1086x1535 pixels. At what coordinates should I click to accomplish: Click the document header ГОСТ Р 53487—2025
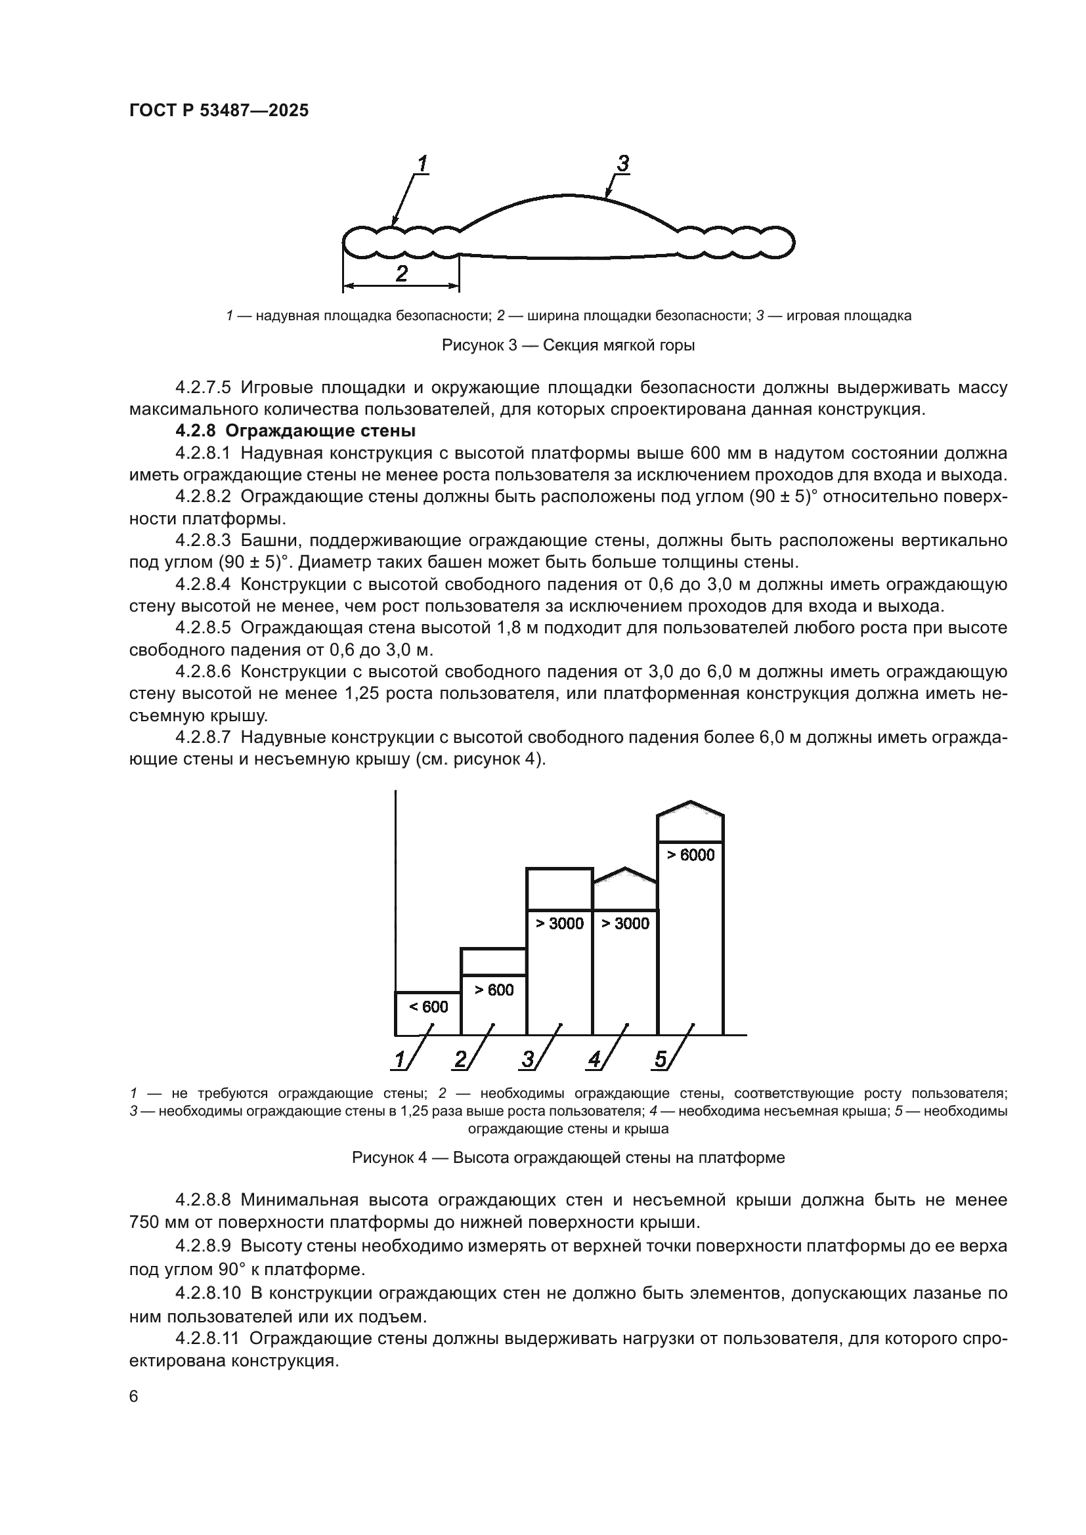[x=219, y=111]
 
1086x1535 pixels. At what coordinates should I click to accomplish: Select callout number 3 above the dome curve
[x=622, y=163]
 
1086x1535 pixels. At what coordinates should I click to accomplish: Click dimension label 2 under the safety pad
[x=401, y=274]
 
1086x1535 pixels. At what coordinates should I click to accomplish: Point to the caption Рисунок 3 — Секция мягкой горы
[x=568, y=345]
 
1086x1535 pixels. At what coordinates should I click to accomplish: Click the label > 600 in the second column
[x=494, y=990]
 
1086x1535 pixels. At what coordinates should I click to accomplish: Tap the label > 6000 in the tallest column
[x=691, y=855]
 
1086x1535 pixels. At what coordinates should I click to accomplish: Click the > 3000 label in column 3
[x=559, y=923]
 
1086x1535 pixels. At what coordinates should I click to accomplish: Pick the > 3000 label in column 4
[x=625, y=923]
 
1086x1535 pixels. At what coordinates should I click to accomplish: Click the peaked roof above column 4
[x=625, y=874]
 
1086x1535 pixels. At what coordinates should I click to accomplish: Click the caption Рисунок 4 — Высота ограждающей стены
[x=568, y=1157]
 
